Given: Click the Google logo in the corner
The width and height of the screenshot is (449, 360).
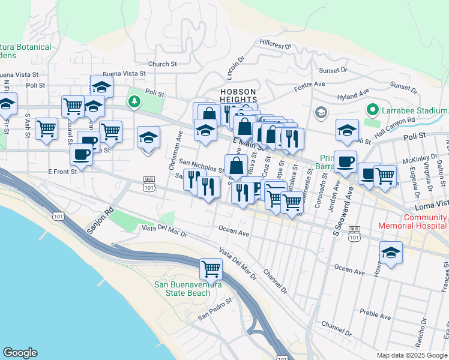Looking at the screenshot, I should click(20, 353).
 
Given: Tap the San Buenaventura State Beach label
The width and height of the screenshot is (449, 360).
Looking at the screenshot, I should click(182, 289).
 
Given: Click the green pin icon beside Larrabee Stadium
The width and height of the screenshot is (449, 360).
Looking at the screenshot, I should click(372, 110).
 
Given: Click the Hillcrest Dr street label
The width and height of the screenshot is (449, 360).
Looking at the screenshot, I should click(276, 44).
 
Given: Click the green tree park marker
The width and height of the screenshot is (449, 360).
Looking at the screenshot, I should click(134, 102).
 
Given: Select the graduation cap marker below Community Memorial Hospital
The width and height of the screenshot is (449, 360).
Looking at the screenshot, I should click(390, 252).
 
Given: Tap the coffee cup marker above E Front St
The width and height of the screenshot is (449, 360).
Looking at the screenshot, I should click(80, 154).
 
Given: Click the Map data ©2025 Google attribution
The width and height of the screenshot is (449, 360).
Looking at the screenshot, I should click(411, 355).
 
